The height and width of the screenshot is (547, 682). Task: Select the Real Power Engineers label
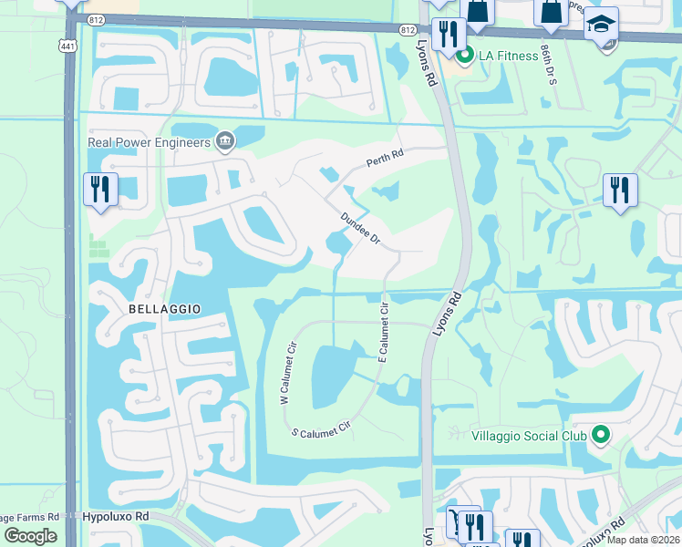(x=149, y=141)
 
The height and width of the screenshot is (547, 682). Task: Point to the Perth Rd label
(x=384, y=161)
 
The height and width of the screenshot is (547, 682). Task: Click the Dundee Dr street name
(x=359, y=227)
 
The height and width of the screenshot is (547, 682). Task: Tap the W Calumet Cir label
(x=288, y=373)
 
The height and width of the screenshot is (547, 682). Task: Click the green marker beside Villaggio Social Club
(x=600, y=435)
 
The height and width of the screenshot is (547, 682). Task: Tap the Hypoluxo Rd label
(x=116, y=516)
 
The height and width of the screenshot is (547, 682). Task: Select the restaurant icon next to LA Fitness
(x=448, y=34)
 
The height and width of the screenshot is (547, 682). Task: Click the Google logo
(x=30, y=536)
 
